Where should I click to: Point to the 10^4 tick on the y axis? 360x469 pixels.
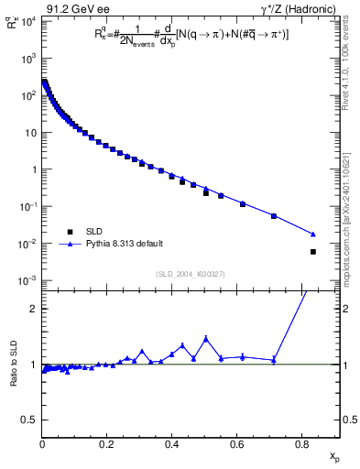coord(25,20)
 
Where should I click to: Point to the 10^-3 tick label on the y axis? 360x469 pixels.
coord(25,280)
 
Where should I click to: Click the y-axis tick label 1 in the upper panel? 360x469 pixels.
coord(33,169)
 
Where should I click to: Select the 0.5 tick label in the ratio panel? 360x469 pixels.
coord(29,420)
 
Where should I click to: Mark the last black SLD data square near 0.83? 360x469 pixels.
coord(313,251)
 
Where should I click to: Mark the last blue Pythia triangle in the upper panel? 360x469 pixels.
coord(313,234)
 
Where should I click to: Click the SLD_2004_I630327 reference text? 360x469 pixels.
coord(191,273)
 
